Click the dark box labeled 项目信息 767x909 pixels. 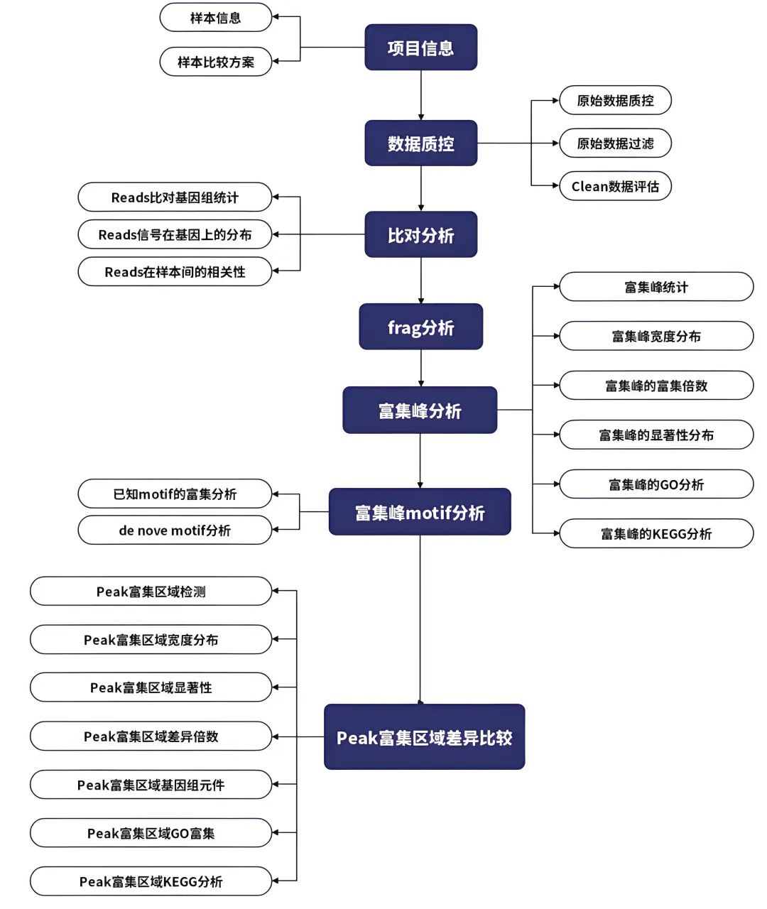pyautogui.click(x=420, y=48)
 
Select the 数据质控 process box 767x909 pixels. pyautogui.click(x=420, y=143)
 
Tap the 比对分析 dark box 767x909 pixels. pyautogui.click(x=420, y=235)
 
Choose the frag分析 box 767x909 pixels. pyautogui.click(x=420, y=327)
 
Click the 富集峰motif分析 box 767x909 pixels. pyautogui.click(x=420, y=512)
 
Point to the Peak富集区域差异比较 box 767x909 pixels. pyautogui.click(x=424, y=737)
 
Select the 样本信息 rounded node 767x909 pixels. pyautogui.click(x=215, y=18)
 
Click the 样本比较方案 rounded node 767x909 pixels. pyautogui.click(x=215, y=62)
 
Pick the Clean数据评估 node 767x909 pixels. pyautogui.click(x=615, y=186)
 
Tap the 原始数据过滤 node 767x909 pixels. pyautogui.click(x=615, y=143)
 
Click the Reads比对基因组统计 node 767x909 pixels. pyautogui.click(x=175, y=197)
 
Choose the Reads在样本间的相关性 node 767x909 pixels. pyautogui.click(x=175, y=272)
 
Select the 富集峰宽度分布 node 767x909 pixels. pyautogui.click(x=656, y=336)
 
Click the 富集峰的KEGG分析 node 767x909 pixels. pyautogui.click(x=656, y=533)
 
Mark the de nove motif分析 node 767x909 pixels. pyautogui.click(x=175, y=530)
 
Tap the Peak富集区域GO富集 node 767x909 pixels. pyautogui.click(x=151, y=833)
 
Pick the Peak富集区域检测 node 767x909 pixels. pyautogui.click(x=151, y=592)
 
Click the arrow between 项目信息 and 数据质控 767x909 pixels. pyautogui.click(x=421, y=95)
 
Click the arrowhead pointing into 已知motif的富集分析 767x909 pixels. pyautogui.click(x=277, y=494)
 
